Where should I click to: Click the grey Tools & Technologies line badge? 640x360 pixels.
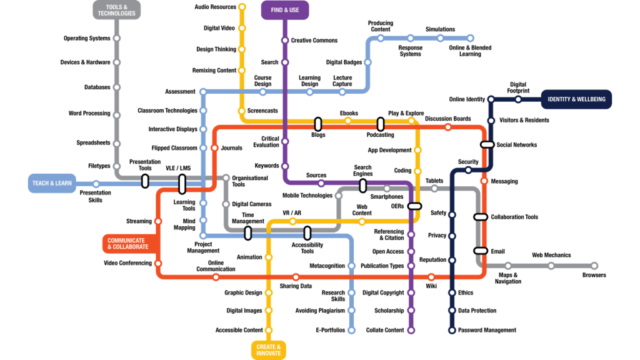pyautogui.click(x=117, y=9)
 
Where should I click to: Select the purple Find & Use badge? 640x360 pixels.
pyautogui.click(x=285, y=9)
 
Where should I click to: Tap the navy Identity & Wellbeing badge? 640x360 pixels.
pyautogui.click(x=576, y=99)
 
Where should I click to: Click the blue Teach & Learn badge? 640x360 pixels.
pyautogui.click(x=51, y=183)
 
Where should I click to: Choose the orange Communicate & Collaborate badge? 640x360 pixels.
pyautogui.click(x=128, y=243)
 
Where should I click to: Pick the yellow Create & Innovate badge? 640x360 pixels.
pyautogui.click(x=269, y=349)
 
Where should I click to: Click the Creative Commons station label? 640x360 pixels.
pyautogui.click(x=314, y=41)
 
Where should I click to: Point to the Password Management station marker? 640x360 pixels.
pyautogui.click(x=452, y=330)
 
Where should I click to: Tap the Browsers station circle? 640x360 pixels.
pyautogui.click(x=594, y=266)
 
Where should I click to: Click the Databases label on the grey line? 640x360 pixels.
pyautogui.click(x=97, y=87)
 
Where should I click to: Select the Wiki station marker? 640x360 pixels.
pyautogui.click(x=431, y=277)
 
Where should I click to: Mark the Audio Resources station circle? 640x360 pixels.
pyautogui.click(x=242, y=7)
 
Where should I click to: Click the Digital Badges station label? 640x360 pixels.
pyautogui.click(x=344, y=62)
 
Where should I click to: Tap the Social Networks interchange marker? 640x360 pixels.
pyautogui.click(x=487, y=145)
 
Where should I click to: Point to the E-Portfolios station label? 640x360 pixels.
pyautogui.click(x=330, y=330)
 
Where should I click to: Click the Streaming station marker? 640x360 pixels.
pyautogui.click(x=157, y=221)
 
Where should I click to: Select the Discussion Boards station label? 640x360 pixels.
pyautogui.click(x=447, y=119)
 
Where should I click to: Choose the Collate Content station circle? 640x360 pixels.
pyautogui.click(x=411, y=330)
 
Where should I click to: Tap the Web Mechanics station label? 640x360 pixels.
pyautogui.click(x=551, y=255)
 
